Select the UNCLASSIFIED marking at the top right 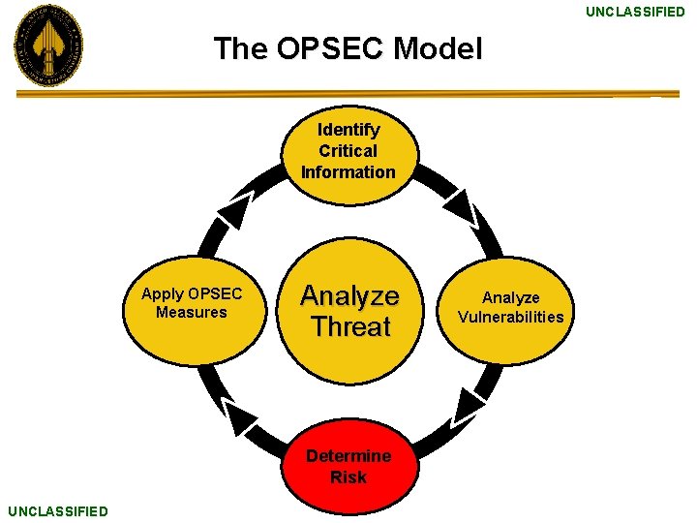click(x=634, y=12)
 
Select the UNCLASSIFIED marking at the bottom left click(x=58, y=510)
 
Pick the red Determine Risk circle click(x=348, y=466)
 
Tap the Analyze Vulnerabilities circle click(x=510, y=308)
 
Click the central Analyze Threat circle click(x=349, y=311)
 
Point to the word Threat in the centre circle click(x=350, y=327)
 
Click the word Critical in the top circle click(x=348, y=151)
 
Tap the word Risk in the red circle click(x=348, y=477)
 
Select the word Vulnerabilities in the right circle click(x=510, y=318)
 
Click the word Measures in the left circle click(x=192, y=313)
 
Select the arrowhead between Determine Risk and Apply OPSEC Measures click(x=238, y=417)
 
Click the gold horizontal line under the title click(x=348, y=94)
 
